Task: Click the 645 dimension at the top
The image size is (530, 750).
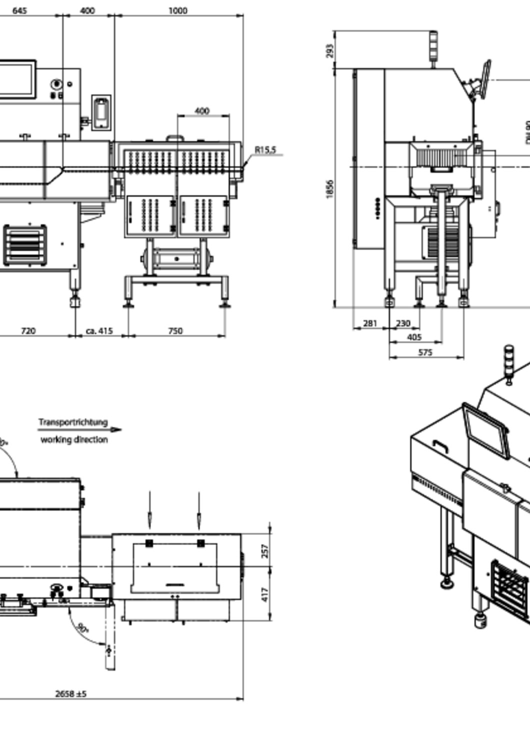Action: [x=19, y=10]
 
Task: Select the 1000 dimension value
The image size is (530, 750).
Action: [x=177, y=10]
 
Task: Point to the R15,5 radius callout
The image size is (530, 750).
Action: [x=265, y=149]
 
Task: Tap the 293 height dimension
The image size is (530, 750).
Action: [x=329, y=50]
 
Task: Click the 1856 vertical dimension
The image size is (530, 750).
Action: [x=329, y=189]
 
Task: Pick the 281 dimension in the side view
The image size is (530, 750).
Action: [x=369, y=323]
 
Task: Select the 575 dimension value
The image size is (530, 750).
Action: [x=424, y=352]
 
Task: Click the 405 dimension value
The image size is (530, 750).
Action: [x=414, y=337]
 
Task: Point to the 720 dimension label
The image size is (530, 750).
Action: [x=28, y=330]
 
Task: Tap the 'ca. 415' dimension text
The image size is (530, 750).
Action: [x=99, y=330]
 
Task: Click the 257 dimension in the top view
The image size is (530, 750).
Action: [x=265, y=550]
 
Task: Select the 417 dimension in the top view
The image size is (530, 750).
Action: [x=265, y=594]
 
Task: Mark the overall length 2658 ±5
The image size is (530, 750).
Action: [x=70, y=693]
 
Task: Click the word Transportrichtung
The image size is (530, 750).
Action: [x=73, y=422]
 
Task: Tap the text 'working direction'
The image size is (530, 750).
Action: [x=74, y=439]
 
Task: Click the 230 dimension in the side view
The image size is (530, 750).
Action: [x=402, y=323]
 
